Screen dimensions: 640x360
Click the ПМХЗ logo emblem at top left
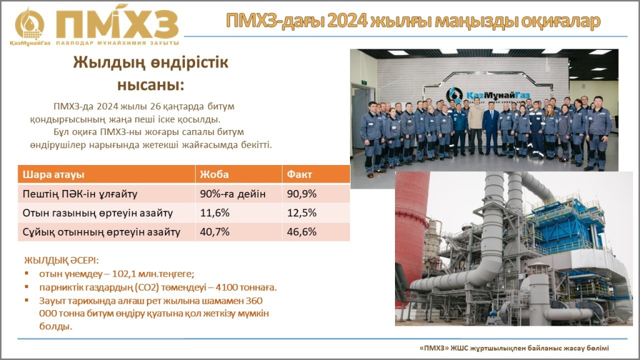[x=29, y=24]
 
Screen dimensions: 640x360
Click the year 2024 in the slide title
[x=347, y=21]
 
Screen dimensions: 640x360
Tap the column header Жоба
[x=214, y=175]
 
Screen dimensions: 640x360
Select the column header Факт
[x=299, y=175]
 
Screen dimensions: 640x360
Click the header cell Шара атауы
[x=54, y=175]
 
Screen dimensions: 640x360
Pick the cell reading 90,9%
[x=302, y=194]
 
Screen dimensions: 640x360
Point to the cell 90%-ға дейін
[x=232, y=194]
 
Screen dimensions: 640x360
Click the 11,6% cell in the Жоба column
[x=215, y=213]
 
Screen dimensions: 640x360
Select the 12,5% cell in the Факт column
[x=302, y=213]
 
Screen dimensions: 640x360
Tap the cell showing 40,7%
[x=215, y=232]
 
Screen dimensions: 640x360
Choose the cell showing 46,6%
[x=302, y=232]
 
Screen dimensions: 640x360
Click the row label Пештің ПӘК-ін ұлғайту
[x=80, y=194]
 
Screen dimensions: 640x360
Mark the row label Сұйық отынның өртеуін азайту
[x=101, y=232]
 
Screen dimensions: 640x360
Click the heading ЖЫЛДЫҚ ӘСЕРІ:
[x=61, y=261]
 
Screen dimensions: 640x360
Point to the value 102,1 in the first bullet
[x=124, y=274]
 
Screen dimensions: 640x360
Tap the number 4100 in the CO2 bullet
[x=226, y=287]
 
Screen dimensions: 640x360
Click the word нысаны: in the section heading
[x=151, y=85]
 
